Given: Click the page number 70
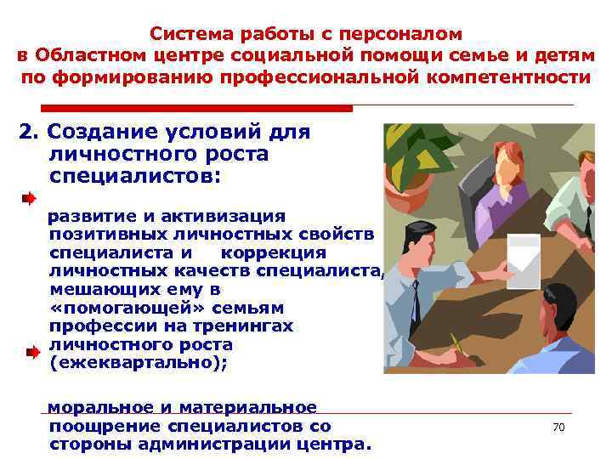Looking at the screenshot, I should [x=558, y=427].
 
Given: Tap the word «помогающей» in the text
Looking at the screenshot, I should [x=99, y=308].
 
